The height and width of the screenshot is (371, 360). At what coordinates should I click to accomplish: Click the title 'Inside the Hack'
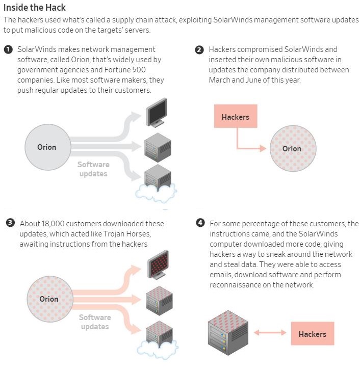pos(35,8)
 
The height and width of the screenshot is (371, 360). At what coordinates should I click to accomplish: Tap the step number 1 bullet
pos(8,49)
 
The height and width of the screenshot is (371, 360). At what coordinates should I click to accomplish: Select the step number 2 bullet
pos(199,50)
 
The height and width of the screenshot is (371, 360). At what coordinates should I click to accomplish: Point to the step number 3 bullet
pos(10,223)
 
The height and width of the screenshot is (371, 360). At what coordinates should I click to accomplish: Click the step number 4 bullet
pos(200,223)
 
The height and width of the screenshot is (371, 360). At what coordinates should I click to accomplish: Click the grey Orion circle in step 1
pos(46,147)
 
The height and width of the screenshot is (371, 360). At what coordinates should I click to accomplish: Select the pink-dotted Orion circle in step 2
pos(292,148)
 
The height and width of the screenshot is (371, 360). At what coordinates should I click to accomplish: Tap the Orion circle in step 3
pos(48,299)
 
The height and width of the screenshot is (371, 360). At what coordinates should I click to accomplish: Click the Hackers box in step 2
pos(236,117)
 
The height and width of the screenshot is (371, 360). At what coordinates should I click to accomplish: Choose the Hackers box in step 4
pos(312,334)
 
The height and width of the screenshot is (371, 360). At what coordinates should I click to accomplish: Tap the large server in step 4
pos(227,331)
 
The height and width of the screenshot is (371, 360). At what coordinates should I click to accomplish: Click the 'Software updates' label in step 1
pos(93,169)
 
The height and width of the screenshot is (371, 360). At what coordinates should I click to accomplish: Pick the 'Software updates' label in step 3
pos(95,322)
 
